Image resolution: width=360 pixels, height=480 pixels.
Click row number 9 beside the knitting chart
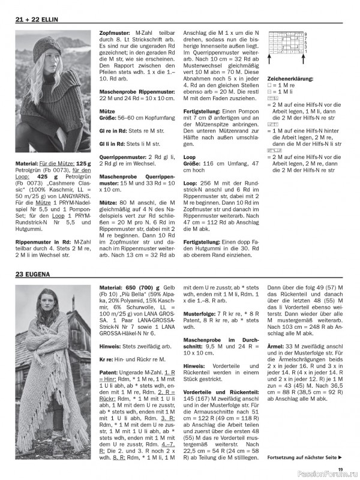(x=305, y=34)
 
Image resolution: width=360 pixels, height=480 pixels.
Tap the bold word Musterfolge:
(x=202, y=313)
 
